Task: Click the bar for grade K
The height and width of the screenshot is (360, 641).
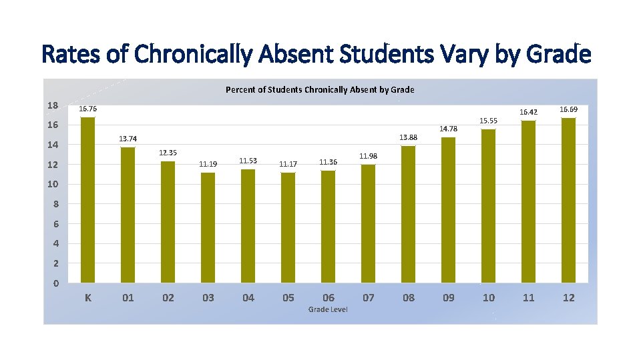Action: tap(87, 200)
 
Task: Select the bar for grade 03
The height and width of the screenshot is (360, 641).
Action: tap(208, 227)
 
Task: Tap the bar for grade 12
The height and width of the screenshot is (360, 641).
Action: tap(568, 200)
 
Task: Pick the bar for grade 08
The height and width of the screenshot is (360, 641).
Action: tap(408, 214)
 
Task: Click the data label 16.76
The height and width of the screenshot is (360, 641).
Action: tap(87, 109)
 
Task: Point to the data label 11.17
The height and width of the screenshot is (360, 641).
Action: tap(288, 163)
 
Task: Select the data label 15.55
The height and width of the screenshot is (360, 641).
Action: tap(488, 121)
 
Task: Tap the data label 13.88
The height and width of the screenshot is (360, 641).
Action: tap(408, 137)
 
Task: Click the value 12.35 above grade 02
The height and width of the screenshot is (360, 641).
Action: tap(168, 153)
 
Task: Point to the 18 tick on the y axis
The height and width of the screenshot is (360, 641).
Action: tap(53, 105)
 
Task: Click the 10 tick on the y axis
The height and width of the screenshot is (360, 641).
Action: tap(53, 184)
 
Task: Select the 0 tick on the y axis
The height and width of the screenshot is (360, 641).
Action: tap(55, 283)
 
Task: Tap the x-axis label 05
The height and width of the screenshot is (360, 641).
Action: tap(288, 298)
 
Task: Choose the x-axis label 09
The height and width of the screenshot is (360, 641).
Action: tap(448, 298)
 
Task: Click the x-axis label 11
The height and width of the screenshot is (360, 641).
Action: tap(528, 298)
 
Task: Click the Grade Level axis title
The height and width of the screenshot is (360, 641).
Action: tap(328, 309)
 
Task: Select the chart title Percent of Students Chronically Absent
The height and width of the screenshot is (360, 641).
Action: tap(320, 89)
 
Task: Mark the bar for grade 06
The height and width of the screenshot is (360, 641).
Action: tap(328, 227)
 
